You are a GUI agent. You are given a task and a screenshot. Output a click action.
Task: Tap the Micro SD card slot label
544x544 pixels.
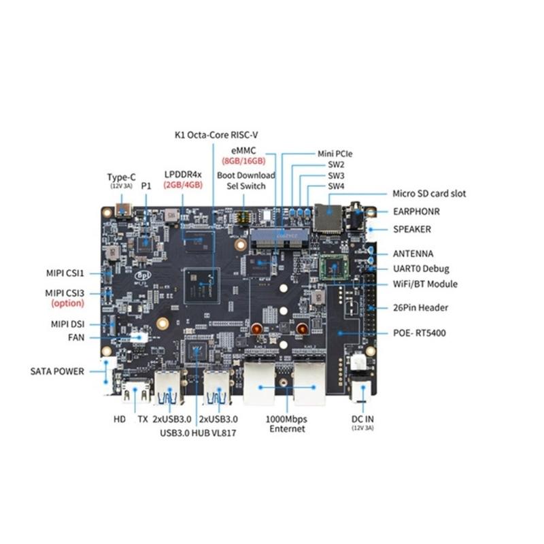(429, 194)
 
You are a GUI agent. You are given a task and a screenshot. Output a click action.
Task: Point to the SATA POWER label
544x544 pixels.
(57, 371)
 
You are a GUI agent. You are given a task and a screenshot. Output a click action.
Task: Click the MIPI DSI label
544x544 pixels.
(68, 324)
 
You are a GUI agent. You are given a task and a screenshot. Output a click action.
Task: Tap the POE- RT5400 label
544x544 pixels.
(424, 333)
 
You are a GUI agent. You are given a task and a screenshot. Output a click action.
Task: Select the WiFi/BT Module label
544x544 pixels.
(425, 284)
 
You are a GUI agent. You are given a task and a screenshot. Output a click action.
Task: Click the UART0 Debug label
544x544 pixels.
(421, 269)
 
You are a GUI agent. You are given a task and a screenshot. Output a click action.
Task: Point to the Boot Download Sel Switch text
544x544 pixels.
(246, 180)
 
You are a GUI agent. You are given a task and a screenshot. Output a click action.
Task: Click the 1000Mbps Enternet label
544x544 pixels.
(287, 424)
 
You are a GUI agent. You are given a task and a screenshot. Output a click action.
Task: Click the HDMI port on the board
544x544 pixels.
(134, 390)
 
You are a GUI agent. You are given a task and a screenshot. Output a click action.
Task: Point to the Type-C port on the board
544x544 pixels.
(124, 209)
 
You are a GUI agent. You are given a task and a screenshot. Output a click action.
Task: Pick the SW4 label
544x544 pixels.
(336, 186)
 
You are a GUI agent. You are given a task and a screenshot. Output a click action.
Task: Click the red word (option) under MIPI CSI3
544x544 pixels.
(67, 303)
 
